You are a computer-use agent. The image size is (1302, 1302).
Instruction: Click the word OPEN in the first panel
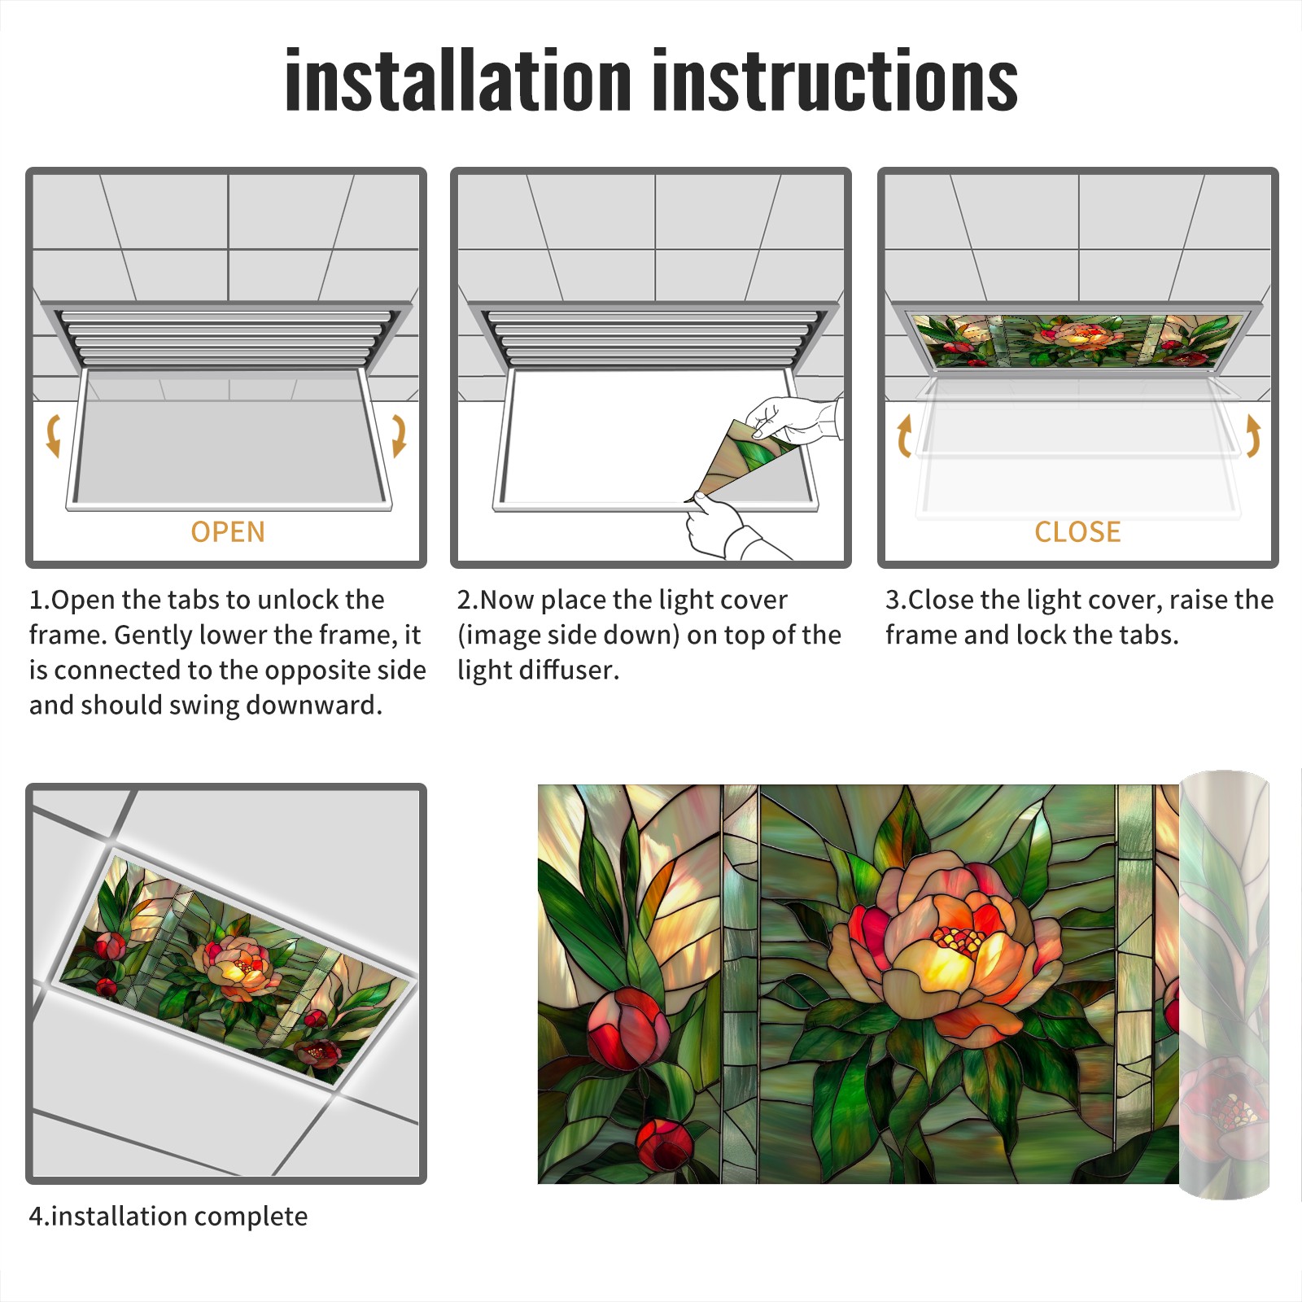228,532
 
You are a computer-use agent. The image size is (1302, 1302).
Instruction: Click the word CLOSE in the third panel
1077,532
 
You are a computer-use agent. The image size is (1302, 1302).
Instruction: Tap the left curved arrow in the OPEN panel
53,435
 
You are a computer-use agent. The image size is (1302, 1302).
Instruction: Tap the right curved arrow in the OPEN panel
399,435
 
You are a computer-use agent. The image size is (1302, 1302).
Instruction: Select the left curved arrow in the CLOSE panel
904,435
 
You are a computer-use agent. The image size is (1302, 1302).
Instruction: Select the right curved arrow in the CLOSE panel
1253,435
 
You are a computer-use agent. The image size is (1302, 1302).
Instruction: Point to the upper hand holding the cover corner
793,419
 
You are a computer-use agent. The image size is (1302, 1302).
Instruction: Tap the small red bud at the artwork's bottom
664,1143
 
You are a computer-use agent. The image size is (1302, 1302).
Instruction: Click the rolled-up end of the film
1225,985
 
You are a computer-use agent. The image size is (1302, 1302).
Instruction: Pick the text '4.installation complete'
168,1217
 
